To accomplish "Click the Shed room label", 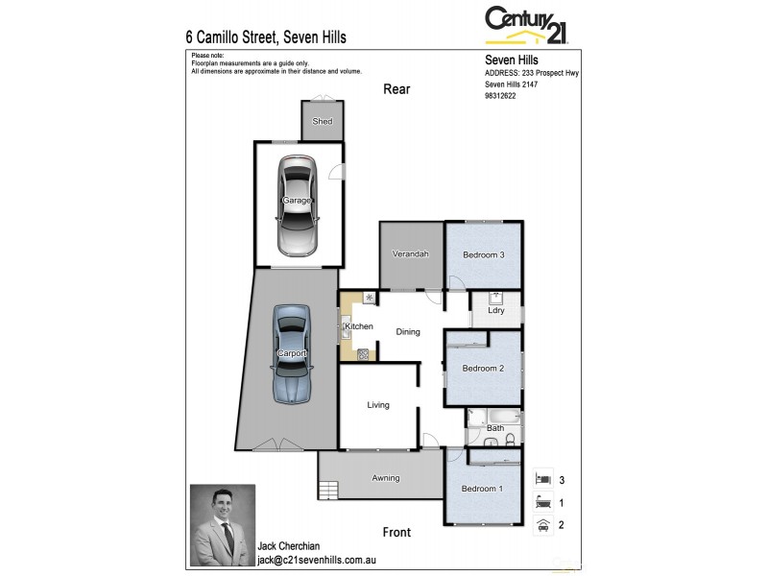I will pos(323,122).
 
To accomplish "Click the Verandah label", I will pos(410,254).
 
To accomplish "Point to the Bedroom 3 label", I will pos(483,254).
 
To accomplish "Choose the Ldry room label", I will pos(496,310).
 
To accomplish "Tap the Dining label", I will pos(408,332).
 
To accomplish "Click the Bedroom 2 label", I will pos(483,369).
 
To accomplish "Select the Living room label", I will pos(378,405).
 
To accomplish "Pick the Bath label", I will pos(495,428).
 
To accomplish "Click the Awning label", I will pos(386,478).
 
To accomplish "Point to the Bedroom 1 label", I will pos(483,489).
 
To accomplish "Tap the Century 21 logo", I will pos(526,25).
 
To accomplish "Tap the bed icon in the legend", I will pos(542,478).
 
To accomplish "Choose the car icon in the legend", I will pos(542,524).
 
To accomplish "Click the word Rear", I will pos(396,89).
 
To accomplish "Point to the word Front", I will pos(396,532).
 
